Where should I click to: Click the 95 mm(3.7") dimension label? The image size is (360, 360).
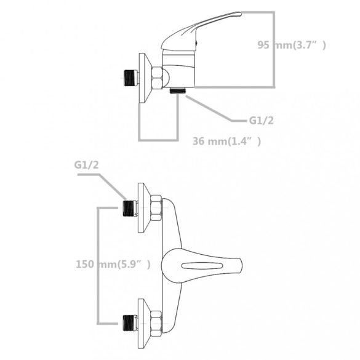[x=292, y=45]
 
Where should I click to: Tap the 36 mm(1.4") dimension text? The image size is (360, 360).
[x=226, y=141]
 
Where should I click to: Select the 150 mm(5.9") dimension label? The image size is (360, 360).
[x=113, y=264]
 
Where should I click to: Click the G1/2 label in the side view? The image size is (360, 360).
[x=262, y=121]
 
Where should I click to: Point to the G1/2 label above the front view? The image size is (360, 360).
[x=86, y=165]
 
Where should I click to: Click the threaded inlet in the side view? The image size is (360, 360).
[x=130, y=78]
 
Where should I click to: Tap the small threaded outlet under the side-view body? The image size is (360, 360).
[x=177, y=90]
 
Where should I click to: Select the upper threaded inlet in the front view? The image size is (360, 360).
[x=130, y=208]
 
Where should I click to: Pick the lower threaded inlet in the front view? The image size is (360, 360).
[x=130, y=323]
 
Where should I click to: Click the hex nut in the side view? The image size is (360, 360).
[x=158, y=78]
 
